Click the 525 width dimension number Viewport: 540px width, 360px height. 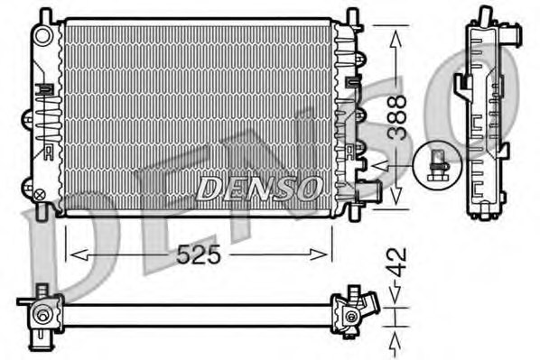pos(199,255)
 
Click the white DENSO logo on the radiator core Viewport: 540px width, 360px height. pos(259,188)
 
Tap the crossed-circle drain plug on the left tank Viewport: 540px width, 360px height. pos(39,192)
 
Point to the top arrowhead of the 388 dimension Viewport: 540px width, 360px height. pos(395,32)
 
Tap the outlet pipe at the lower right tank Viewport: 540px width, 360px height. pos(368,191)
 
